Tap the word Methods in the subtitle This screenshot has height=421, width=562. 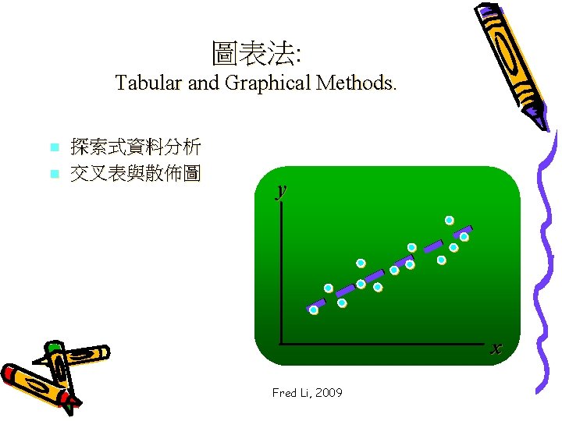tap(356, 83)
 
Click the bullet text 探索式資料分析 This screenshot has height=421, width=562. tap(135, 147)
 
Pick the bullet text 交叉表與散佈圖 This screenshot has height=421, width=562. tap(135, 173)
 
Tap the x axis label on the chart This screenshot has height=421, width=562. tap(496, 348)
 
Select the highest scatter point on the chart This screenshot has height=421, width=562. tap(450, 220)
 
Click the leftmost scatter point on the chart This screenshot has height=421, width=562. tap(313, 310)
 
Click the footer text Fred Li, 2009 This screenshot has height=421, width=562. tap(307, 393)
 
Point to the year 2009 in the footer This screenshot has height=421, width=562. tap(328, 393)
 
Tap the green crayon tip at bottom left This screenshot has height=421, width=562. tap(54, 345)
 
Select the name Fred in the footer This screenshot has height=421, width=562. tap(283, 393)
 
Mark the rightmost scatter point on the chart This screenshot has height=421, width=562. tap(464, 236)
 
